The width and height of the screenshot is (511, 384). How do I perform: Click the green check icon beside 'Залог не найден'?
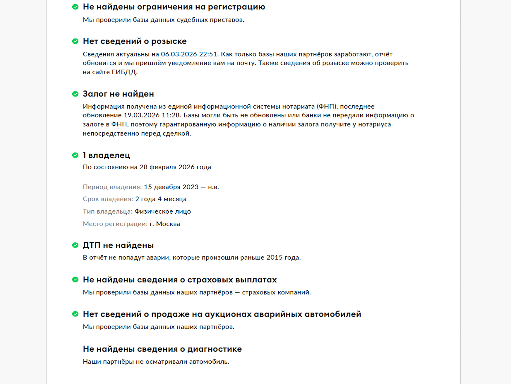75,94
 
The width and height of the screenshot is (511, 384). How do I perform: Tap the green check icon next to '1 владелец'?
75,155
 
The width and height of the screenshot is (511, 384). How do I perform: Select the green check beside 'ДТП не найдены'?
75,245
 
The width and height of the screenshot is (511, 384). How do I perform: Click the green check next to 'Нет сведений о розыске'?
75,41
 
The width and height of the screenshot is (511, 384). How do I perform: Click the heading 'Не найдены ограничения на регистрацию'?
174,7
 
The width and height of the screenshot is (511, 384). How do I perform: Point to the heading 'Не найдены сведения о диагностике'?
162,349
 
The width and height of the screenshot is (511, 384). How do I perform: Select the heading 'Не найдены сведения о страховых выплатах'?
180,280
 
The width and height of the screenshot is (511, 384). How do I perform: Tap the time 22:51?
208,54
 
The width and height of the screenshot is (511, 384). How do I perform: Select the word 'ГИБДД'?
124,72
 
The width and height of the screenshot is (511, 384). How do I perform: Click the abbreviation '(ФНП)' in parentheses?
327,107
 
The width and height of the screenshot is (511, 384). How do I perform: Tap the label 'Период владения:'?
112,187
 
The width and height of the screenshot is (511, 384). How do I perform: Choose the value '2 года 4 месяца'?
161,199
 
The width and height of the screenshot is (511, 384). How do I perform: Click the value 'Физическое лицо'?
163,211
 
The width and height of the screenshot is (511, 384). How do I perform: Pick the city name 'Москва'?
168,224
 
